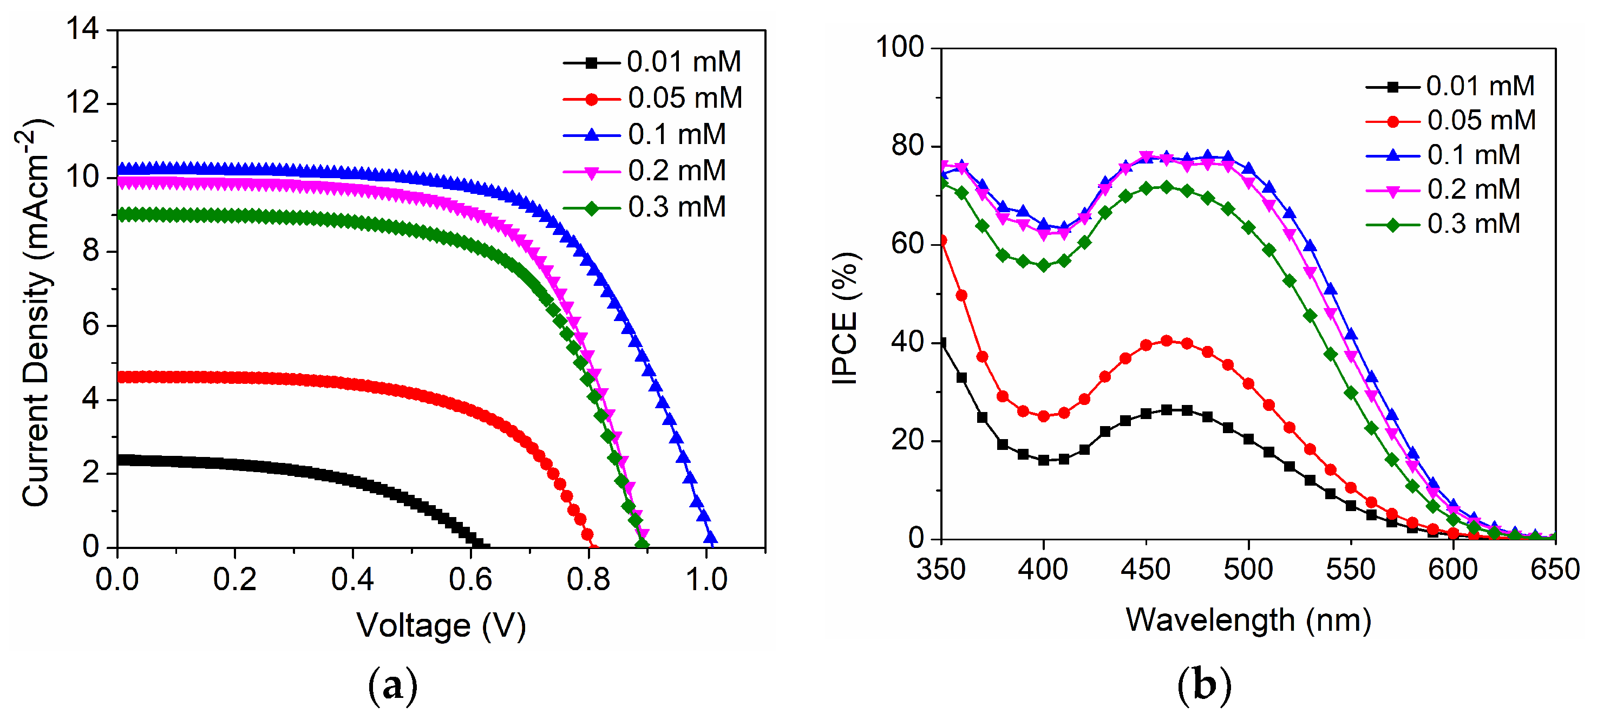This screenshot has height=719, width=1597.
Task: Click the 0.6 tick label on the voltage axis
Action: (x=470, y=579)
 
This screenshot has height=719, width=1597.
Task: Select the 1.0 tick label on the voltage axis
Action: (x=706, y=579)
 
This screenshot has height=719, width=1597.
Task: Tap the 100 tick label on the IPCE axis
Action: (x=900, y=48)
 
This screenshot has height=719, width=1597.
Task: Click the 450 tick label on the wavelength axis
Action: (x=1146, y=570)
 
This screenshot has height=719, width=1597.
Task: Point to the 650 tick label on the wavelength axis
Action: (x=1555, y=570)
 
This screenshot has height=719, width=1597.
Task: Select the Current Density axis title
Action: (x=36, y=313)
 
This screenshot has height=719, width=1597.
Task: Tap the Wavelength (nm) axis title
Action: (x=1248, y=620)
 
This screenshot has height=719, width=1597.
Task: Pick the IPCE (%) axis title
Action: (x=845, y=318)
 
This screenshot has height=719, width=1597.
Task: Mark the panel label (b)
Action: (x=1204, y=685)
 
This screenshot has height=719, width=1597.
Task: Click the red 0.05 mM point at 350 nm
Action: (x=942, y=240)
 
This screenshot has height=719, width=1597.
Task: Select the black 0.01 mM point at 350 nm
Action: (x=942, y=343)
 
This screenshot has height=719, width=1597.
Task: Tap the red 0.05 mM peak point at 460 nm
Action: (x=1166, y=341)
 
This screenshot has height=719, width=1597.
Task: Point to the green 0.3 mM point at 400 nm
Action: (x=1043, y=265)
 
